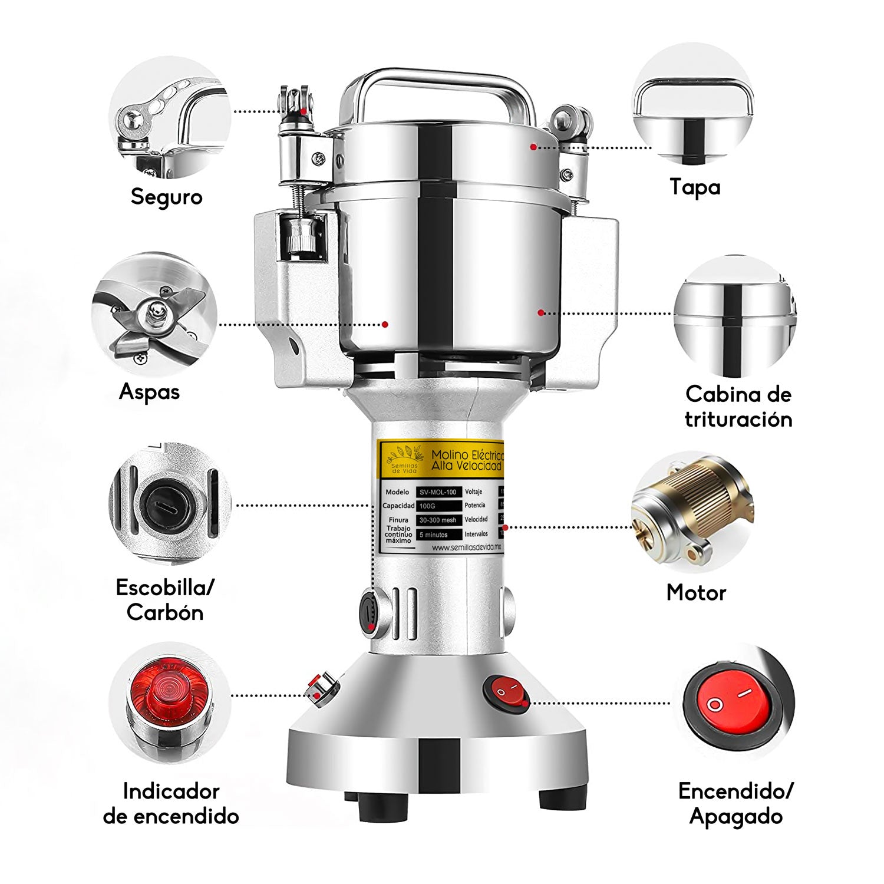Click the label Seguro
(x=166, y=196)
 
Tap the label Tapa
(x=695, y=187)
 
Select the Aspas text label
(x=149, y=392)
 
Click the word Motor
(x=696, y=592)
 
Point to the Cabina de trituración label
(x=738, y=407)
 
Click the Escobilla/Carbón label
(x=165, y=600)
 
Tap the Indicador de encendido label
(x=171, y=803)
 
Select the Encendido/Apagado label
(x=736, y=803)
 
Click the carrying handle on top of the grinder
(x=436, y=88)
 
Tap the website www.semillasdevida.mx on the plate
(x=466, y=547)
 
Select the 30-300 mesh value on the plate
(x=438, y=520)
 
